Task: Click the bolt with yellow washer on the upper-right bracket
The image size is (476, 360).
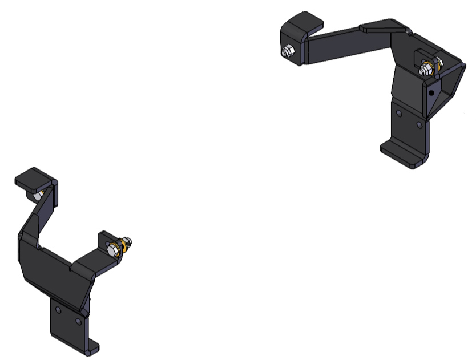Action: (x=425, y=70)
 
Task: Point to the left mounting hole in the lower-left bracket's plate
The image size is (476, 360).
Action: (x=59, y=310)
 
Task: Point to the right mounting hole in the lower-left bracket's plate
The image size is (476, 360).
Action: (x=79, y=321)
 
